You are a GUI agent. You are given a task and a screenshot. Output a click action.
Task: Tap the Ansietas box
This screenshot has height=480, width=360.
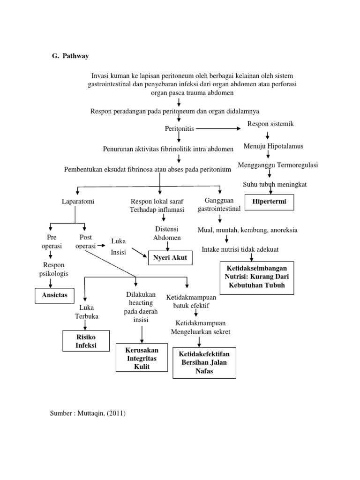tap(54, 295)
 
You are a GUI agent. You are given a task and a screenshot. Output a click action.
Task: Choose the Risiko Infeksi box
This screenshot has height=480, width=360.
tap(86, 341)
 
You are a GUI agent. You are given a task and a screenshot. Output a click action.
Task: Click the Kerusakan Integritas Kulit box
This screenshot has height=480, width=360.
tap(142, 358)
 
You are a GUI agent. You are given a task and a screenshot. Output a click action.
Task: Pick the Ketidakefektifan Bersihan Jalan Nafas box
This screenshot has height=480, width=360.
tap(204, 362)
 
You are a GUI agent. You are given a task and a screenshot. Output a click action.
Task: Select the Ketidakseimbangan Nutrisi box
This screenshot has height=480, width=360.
tap(257, 278)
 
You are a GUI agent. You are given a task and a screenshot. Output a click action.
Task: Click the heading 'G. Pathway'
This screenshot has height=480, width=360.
tap(70, 56)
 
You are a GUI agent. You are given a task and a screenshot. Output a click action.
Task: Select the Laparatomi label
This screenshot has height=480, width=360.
tap(78, 202)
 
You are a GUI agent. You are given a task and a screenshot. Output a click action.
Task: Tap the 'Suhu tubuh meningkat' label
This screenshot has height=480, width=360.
tap(275, 184)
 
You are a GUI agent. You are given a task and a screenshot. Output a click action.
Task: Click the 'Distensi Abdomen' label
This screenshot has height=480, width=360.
tap(167, 233)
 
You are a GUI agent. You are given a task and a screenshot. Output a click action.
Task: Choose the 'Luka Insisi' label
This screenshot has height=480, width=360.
tap(119, 247)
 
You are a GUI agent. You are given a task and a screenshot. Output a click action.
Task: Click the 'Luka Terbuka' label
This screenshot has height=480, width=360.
tap(87, 312)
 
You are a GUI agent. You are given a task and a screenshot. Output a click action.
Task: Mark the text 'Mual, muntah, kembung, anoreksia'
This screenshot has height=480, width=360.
tap(247, 230)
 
